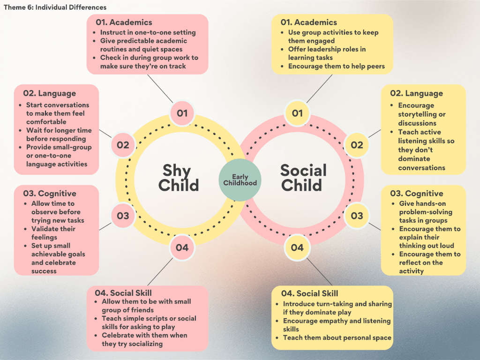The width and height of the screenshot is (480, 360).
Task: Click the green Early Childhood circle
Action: click(x=240, y=180)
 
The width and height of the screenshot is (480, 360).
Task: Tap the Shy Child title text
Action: click(x=178, y=178)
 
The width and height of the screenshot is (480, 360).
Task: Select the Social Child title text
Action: click(x=303, y=178)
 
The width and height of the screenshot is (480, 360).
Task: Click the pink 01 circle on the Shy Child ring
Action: click(x=182, y=113)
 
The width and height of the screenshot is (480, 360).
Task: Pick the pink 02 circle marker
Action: click(x=123, y=145)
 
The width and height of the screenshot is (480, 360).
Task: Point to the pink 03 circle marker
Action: click(x=123, y=216)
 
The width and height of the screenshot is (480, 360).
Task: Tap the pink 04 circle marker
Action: click(x=182, y=247)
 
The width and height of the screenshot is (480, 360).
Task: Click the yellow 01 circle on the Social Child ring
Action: click(x=297, y=113)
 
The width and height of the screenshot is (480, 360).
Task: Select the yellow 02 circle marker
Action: click(x=357, y=145)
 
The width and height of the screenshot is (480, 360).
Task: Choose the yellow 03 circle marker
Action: click(x=357, y=216)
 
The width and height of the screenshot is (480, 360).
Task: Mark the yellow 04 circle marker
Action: click(x=297, y=247)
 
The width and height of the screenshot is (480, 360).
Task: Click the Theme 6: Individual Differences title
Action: click(x=55, y=7)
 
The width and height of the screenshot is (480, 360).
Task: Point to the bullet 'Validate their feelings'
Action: click(x=53, y=233)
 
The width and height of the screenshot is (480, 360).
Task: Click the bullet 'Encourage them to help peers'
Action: click(x=336, y=66)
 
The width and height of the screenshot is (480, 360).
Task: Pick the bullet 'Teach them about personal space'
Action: click(x=337, y=337)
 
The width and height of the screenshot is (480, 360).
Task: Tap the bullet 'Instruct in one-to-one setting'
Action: click(x=148, y=32)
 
